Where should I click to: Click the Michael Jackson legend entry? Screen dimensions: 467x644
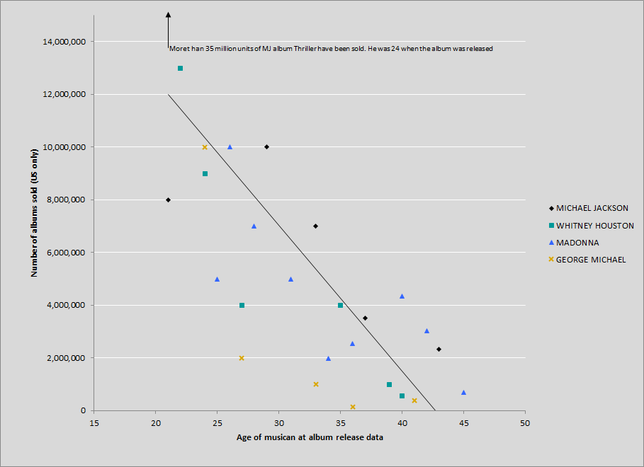pyautogui.click(x=592, y=208)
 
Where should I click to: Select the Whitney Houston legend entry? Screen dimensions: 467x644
pyautogui.click(x=594, y=226)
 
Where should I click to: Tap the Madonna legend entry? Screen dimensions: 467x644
pyautogui.click(x=577, y=243)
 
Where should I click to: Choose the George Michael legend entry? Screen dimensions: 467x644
pyautogui.click(x=591, y=260)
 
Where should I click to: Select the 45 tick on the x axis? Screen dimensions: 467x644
pyautogui.click(x=463, y=422)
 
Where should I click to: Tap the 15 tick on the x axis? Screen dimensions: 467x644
pyautogui.click(x=94, y=422)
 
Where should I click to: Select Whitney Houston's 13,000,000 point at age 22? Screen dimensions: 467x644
pyautogui.click(x=180, y=69)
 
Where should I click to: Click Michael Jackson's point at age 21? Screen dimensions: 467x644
pyautogui.click(x=168, y=200)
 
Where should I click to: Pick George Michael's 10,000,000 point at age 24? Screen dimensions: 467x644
pyautogui.click(x=205, y=147)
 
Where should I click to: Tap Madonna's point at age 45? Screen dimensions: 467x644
pyautogui.click(x=463, y=392)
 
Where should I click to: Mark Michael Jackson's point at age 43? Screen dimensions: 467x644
pyautogui.click(x=439, y=350)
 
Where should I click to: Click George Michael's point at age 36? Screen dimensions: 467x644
pyautogui.click(x=353, y=407)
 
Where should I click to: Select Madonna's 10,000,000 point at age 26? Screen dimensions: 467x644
pyautogui.click(x=230, y=147)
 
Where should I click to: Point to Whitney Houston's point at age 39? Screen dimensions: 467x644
pyautogui.click(x=390, y=384)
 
